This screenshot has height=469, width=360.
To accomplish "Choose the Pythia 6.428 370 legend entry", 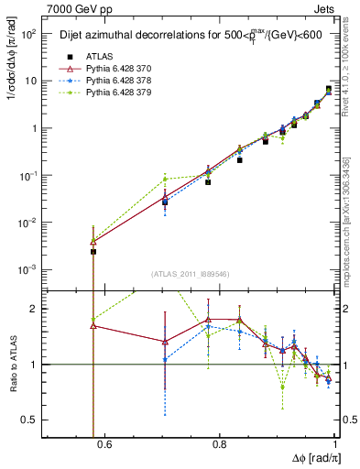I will pos(127,69).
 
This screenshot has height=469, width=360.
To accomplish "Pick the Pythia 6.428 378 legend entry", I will pos(127,82).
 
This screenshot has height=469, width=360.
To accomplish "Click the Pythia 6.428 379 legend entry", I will pos(127,93).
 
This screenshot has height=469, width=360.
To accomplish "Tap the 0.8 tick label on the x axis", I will pos(220,446).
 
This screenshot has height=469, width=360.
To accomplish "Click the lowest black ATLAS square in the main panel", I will pos(93,251).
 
